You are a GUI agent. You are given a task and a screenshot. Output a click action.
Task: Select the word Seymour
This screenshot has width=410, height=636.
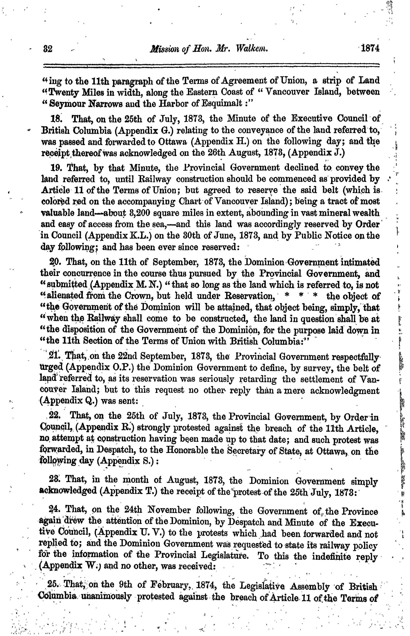pyautogui.click(x=64, y=103)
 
